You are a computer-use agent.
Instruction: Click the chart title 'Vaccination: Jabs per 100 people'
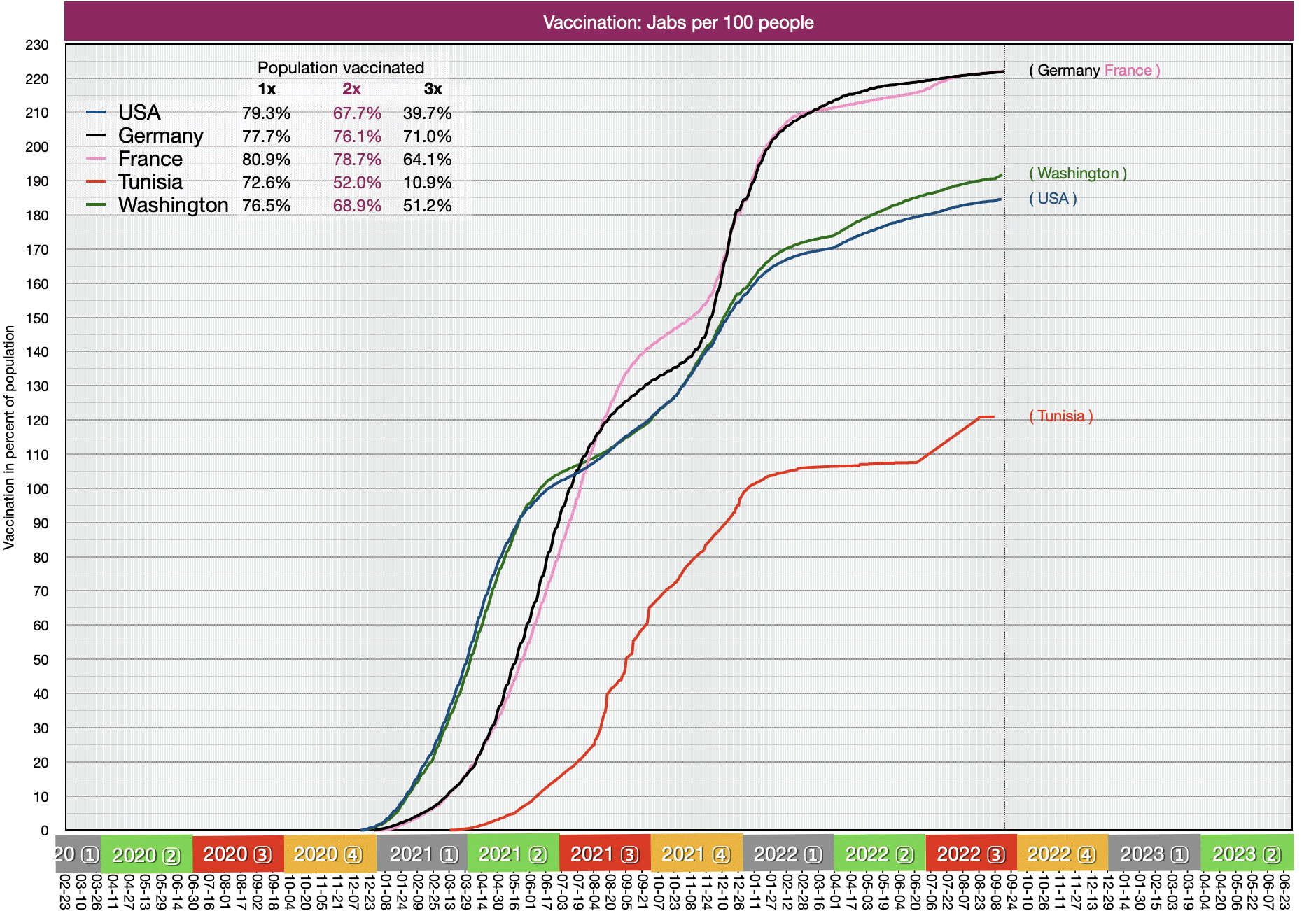(x=678, y=22)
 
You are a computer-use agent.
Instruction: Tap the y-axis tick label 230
(x=37, y=45)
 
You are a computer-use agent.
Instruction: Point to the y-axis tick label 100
(x=37, y=489)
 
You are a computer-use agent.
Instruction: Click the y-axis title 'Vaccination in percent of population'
(x=9, y=437)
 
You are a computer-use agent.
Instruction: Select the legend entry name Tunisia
(x=150, y=182)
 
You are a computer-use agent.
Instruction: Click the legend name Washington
(x=173, y=205)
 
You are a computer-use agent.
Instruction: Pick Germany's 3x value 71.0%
(x=427, y=136)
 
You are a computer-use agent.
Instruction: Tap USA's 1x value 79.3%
(x=266, y=113)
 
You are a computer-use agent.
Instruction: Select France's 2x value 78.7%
(x=357, y=159)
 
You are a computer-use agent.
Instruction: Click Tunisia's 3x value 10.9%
(x=427, y=182)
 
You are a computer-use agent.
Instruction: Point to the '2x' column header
(x=351, y=89)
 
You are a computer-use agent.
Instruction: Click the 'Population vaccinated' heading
(x=341, y=68)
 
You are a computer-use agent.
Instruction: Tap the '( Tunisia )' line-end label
(x=1060, y=416)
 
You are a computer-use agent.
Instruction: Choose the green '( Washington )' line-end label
(x=1078, y=174)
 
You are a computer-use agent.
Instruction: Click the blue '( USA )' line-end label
(x=1053, y=199)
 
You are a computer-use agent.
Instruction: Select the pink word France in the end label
(x=1128, y=71)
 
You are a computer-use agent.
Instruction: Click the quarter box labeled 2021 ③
(x=605, y=854)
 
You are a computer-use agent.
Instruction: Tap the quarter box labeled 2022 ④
(x=1062, y=854)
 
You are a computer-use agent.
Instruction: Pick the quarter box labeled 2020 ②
(x=146, y=854)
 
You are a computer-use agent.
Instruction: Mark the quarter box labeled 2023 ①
(x=1154, y=854)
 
